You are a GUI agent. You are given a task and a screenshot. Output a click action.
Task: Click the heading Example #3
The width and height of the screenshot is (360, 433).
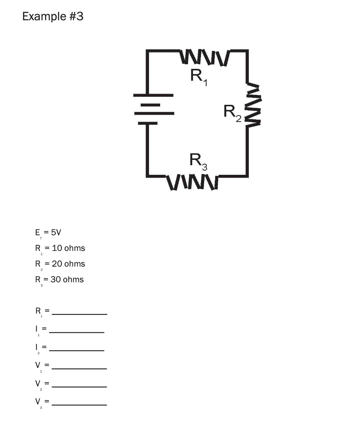click(53, 16)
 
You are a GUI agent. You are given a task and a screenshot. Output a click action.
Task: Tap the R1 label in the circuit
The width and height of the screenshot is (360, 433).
click(198, 76)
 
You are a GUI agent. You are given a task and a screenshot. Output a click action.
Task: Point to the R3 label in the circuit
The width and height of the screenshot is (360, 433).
click(198, 161)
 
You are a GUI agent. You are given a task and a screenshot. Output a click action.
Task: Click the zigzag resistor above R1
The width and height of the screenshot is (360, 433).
click(204, 57)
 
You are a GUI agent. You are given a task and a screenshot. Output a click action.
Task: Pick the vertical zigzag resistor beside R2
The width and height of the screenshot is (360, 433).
click(253, 105)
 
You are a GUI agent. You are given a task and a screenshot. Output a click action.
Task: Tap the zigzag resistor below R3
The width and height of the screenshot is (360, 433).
click(192, 182)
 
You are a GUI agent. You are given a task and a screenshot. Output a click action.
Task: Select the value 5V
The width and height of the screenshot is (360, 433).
click(55, 232)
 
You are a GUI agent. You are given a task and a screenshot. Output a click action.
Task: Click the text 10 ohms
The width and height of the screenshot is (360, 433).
click(68, 248)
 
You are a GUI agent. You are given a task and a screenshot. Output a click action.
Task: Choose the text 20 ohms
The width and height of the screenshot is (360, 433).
click(68, 264)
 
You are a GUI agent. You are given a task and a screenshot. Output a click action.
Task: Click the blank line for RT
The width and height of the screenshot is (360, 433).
click(79, 314)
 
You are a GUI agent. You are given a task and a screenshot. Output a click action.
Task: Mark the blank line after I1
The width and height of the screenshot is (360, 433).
click(76, 332)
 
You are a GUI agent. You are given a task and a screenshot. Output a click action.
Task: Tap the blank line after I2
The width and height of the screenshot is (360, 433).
click(76, 350)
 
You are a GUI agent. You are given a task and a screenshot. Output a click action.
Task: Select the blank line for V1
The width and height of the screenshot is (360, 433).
click(79, 368)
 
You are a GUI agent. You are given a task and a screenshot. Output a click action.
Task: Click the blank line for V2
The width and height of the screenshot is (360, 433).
click(79, 386)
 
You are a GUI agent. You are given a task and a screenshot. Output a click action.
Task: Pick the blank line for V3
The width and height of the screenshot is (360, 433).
click(79, 404)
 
